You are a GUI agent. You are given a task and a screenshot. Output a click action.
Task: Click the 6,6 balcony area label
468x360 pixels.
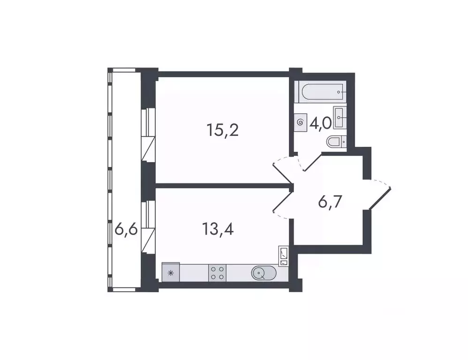[126, 230]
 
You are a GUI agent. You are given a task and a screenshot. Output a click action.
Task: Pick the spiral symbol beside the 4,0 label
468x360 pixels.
[301, 122]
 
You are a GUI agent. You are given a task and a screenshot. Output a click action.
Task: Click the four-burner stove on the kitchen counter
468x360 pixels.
[217, 272]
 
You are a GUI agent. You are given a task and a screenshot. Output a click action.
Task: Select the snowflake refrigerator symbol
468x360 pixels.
[170, 272]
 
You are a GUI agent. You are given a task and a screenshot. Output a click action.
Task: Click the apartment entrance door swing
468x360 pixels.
[380, 195]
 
